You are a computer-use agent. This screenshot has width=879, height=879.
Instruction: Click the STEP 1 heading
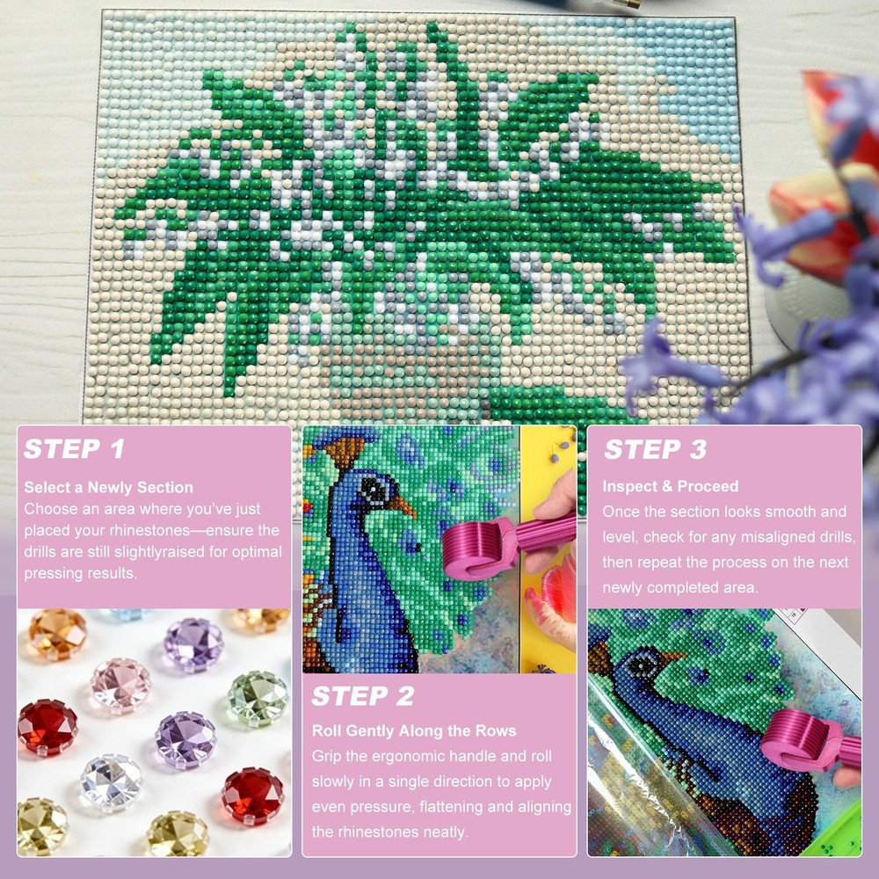coord(74,448)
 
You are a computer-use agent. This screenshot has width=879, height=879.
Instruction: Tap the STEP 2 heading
coord(363,695)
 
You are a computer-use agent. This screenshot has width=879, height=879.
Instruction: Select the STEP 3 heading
coord(655,449)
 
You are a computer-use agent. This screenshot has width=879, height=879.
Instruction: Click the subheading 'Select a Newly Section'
coord(108,487)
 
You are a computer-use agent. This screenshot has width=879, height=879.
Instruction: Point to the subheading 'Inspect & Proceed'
coord(671,486)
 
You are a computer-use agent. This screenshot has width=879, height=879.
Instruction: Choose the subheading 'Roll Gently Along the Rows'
coord(414,730)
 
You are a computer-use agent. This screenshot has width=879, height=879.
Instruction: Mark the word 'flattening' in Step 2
coord(454,807)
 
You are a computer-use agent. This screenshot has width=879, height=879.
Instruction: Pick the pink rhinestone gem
coord(120,685)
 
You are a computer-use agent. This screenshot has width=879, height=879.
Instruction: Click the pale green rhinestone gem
coord(258,699)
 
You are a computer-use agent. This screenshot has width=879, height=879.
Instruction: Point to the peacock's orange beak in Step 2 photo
coord(403,506)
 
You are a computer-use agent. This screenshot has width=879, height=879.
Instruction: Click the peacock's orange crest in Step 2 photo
coord(343,451)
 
